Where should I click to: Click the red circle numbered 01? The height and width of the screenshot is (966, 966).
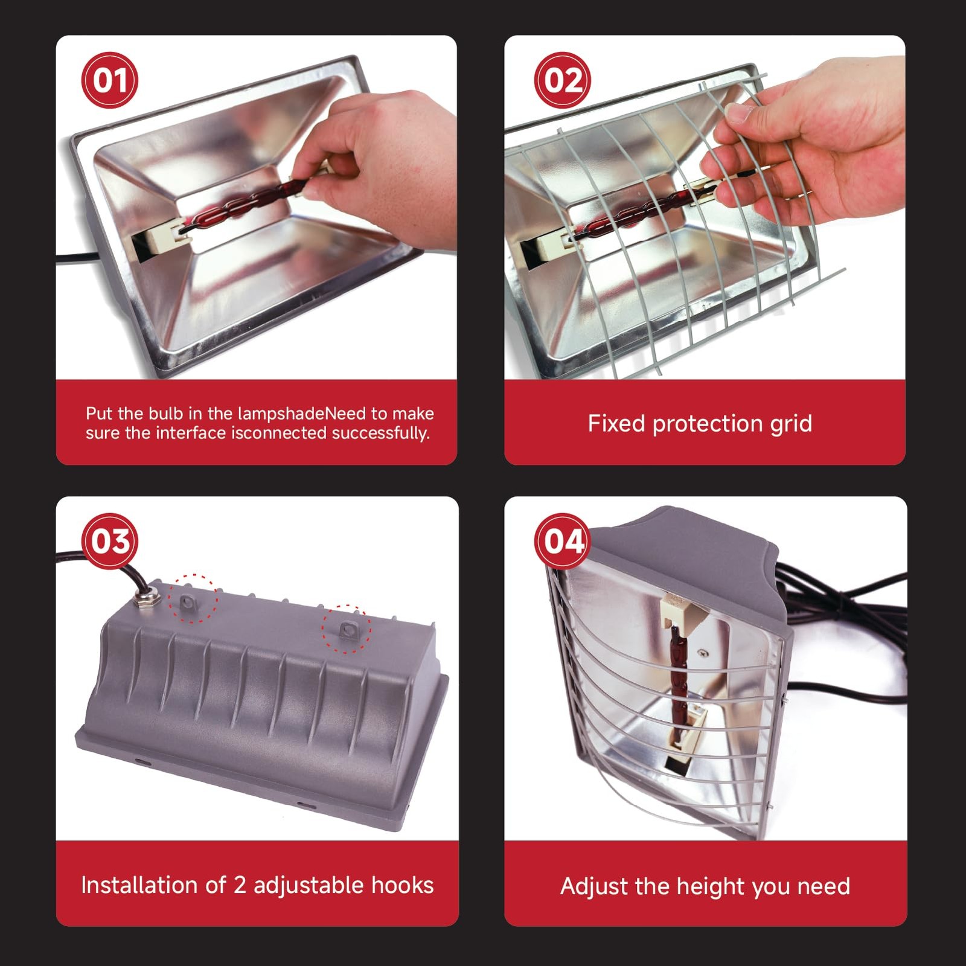point(110,80)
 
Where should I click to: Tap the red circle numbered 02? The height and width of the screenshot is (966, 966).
point(563,80)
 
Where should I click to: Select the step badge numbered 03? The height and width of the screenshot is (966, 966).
point(110,541)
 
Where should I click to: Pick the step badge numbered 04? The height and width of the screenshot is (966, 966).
point(563,541)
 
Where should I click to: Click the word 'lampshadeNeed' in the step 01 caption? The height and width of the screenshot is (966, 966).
point(302,414)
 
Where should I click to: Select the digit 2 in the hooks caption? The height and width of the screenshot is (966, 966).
point(240,885)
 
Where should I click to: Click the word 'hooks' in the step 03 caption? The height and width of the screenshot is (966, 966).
point(402,885)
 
